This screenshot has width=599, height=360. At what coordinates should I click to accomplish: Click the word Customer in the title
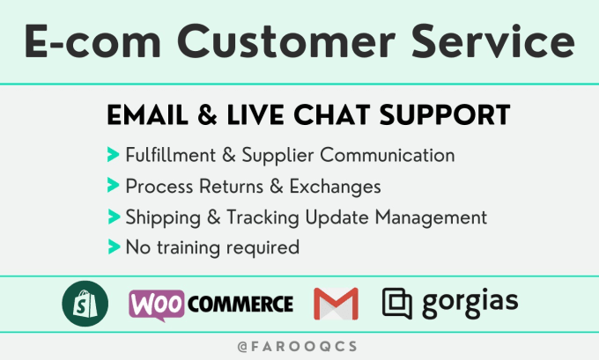click(x=286, y=40)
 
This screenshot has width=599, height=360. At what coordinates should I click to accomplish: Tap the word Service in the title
click(x=492, y=40)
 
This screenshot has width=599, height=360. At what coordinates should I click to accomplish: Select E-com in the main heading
click(x=92, y=41)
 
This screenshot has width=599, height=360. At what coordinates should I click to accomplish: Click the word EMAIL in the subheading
click(x=147, y=115)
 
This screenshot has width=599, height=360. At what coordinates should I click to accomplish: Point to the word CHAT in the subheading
click(x=331, y=115)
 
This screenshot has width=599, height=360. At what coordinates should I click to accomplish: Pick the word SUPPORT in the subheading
click(x=445, y=115)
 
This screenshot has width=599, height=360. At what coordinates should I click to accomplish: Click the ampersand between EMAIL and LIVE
click(x=207, y=115)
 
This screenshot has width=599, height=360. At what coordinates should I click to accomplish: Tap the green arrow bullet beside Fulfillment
click(x=114, y=155)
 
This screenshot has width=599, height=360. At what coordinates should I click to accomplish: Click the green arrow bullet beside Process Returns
click(x=114, y=185)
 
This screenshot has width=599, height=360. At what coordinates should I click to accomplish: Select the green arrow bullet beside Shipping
click(x=114, y=217)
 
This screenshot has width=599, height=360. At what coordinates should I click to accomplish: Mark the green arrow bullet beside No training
click(x=114, y=246)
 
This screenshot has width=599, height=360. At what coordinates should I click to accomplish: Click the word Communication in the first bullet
click(x=388, y=155)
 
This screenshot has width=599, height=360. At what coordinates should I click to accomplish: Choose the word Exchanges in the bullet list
click(x=335, y=187)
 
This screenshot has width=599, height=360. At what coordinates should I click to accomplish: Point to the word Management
click(x=431, y=218)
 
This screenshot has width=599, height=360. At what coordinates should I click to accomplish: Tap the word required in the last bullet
click(x=263, y=248)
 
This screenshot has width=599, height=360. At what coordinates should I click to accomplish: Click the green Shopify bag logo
click(x=85, y=304)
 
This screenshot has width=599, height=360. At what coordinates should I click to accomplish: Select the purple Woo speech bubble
click(x=157, y=305)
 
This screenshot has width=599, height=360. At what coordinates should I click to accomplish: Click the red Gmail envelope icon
click(x=336, y=304)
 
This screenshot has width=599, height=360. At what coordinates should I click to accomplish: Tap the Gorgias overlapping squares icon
click(x=397, y=304)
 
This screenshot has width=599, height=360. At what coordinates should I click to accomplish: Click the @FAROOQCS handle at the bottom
click(x=298, y=347)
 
